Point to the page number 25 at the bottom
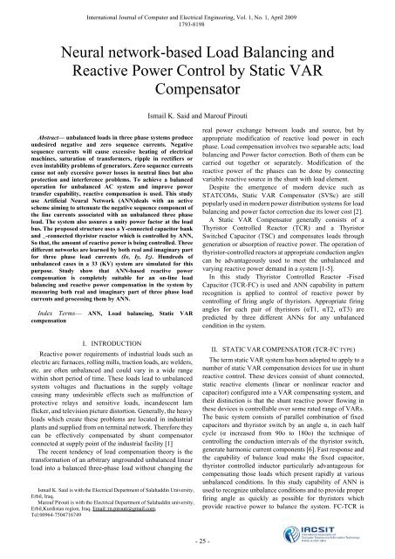[196, 542]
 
